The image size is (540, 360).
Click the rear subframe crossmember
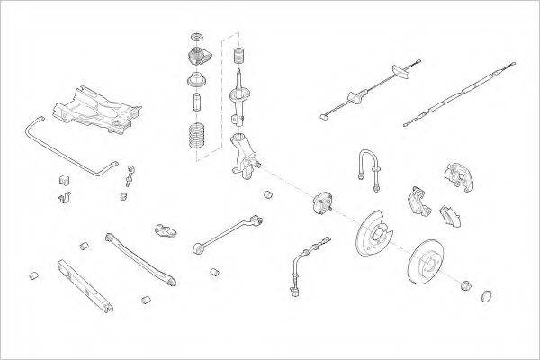94,107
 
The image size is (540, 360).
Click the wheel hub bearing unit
321,206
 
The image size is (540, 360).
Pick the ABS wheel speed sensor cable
301,261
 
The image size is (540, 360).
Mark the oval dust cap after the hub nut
487,293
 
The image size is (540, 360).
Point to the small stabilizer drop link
130,176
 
